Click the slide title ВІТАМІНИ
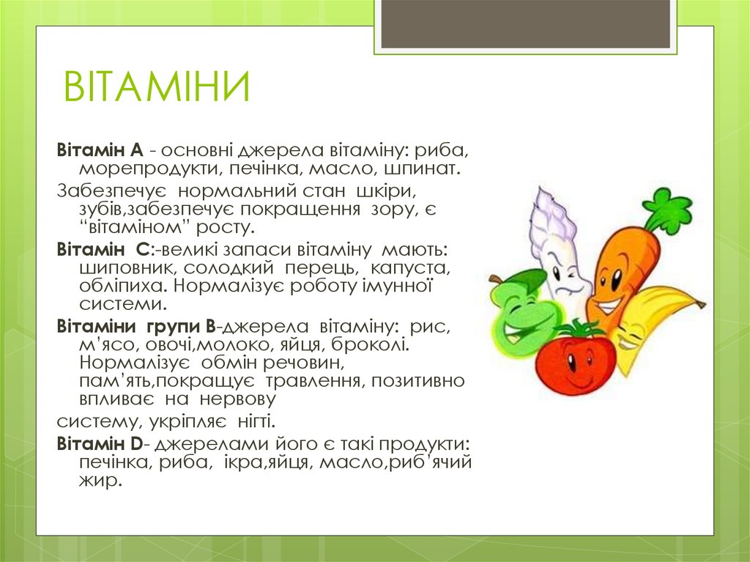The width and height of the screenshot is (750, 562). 157,88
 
